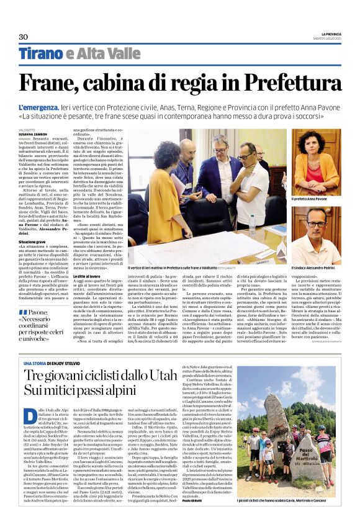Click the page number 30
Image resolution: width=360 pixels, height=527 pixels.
24,38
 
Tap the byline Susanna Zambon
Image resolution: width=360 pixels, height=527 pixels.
32,133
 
